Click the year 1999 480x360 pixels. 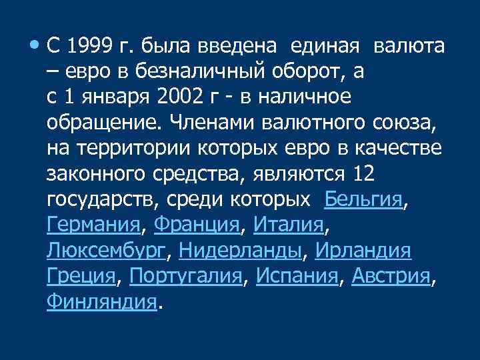(x=88, y=47)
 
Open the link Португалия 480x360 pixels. (x=185, y=275)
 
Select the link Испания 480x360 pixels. (x=297, y=275)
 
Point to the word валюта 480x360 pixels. (x=409, y=47)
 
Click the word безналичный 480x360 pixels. (x=195, y=73)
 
